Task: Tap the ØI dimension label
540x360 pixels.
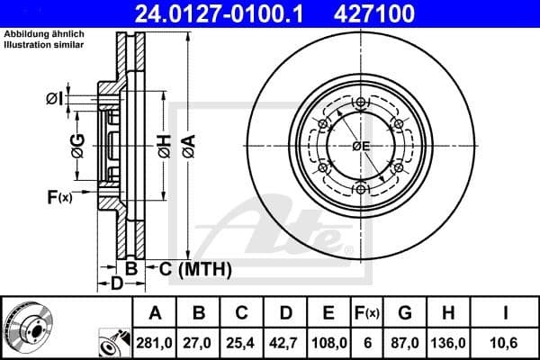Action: [53, 97]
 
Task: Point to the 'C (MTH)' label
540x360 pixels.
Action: [195, 268]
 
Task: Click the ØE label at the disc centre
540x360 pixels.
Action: [361, 146]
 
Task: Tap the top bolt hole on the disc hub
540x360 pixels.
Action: [360, 102]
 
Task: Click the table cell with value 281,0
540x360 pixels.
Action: [155, 343]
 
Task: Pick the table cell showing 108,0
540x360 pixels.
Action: [328, 343]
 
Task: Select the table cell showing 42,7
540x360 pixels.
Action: [285, 343]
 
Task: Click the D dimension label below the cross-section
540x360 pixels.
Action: [115, 285]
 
